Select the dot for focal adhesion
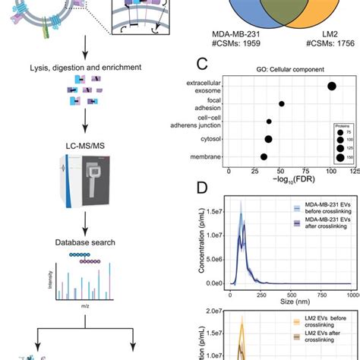pos(282,104)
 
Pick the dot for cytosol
pos(268,139)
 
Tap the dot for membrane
pos(264,157)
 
